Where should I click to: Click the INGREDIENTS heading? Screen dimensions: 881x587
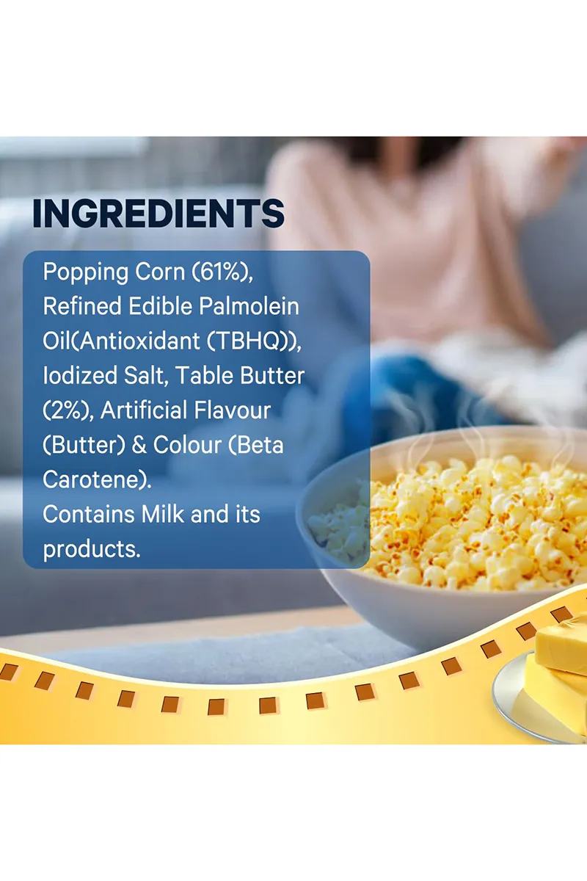click(x=158, y=213)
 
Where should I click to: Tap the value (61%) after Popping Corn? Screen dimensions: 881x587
click(x=222, y=272)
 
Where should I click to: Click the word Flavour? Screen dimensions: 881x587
click(x=231, y=410)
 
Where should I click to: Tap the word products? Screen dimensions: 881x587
click(x=92, y=548)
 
